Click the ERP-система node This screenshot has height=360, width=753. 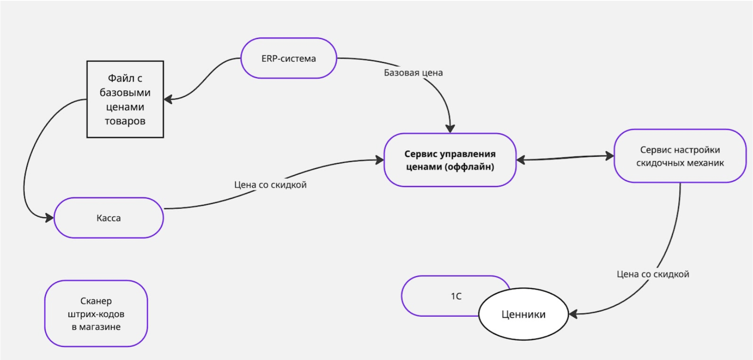[289, 59]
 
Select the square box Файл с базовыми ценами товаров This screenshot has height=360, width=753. [125, 99]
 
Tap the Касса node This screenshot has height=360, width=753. [108, 218]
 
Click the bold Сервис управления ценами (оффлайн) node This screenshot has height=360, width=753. [450, 160]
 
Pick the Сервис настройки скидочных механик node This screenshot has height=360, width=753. [680, 156]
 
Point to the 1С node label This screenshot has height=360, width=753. [456, 296]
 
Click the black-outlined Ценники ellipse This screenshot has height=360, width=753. [523, 314]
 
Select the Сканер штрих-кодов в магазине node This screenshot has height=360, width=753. [96, 314]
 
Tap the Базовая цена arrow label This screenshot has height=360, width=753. [413, 73]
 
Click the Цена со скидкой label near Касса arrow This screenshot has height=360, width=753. [270, 185]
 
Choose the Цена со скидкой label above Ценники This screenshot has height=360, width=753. [653, 274]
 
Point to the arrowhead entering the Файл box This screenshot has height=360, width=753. [168, 99]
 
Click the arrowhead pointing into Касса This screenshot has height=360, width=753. [49, 217]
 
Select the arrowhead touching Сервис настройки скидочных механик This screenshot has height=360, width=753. [610, 156]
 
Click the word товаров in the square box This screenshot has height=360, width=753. [125, 121]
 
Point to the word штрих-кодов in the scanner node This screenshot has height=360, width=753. [96, 314]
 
